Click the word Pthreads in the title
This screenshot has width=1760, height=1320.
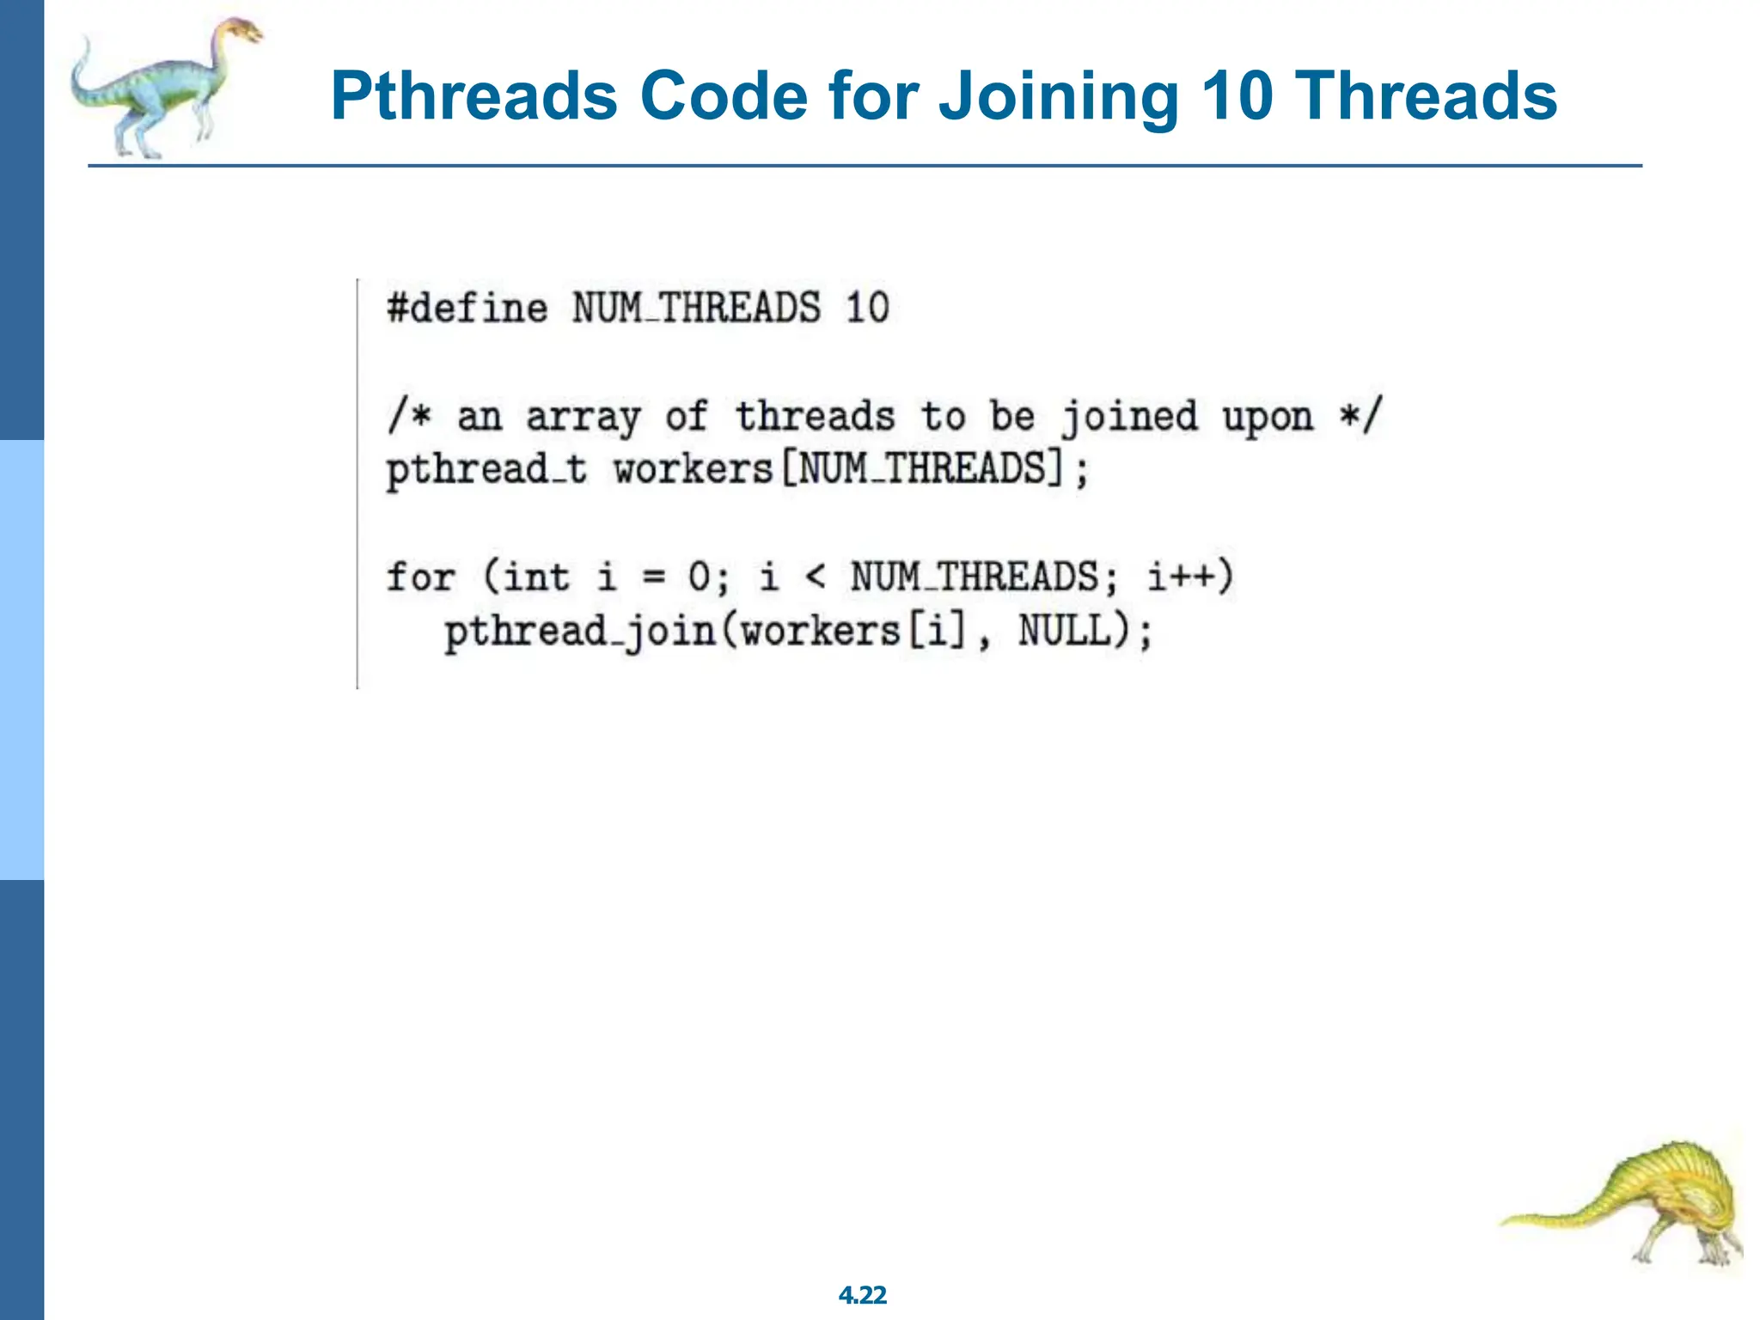coord(474,96)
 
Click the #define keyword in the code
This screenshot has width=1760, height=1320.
coord(467,308)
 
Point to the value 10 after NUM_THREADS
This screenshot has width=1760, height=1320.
coord(866,308)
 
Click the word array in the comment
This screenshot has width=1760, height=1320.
coord(583,418)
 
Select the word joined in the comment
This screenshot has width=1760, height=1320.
coord(1128,418)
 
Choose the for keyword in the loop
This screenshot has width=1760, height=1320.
coord(420,577)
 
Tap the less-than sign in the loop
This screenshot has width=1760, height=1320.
coord(815,577)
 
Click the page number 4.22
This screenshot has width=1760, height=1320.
coord(862,1295)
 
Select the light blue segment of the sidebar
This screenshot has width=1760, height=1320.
coord(21,659)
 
